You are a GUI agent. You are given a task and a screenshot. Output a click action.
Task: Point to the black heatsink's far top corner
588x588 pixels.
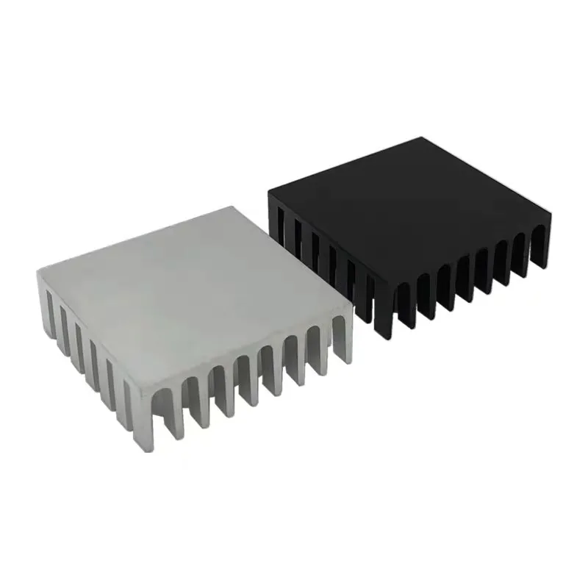pos(426,137)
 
